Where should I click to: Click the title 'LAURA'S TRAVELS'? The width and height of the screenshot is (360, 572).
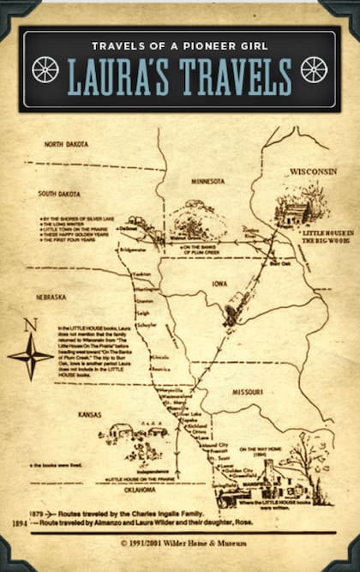coord(179,77)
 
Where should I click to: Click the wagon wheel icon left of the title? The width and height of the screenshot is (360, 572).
coord(45,69)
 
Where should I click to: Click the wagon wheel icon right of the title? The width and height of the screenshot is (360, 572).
coord(314,69)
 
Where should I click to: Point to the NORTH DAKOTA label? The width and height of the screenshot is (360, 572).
coord(67,144)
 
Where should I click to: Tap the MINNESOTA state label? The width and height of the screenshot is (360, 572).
coord(207,182)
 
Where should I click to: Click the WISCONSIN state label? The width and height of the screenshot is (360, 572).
coord(313,172)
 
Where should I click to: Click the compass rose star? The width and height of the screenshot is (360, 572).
coord(32,355)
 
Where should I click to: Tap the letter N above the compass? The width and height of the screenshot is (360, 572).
coord(31,324)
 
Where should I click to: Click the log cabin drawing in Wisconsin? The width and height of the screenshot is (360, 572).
coord(294,210)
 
